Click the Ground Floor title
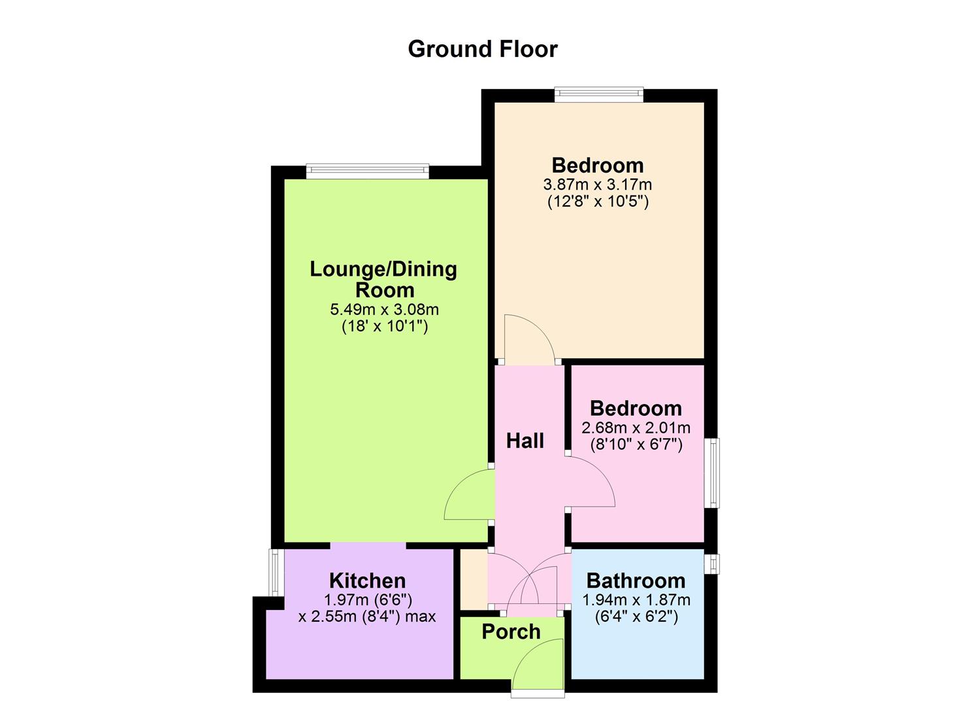pos(483,49)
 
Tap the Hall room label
pos(525,441)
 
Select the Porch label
pos(511,632)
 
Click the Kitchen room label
pos(367,580)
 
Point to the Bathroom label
pos(636,580)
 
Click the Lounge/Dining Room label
pos(383,279)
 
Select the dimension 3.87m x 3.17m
pos(598,185)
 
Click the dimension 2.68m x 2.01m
pos(636,428)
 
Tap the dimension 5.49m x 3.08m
pos(384,309)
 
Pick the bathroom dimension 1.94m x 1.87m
pos(636,599)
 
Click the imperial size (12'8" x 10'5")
pos(598,201)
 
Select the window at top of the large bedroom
pos(599,95)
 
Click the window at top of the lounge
pos(367,171)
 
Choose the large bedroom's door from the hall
pos(529,340)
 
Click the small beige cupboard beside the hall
pos(474,579)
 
